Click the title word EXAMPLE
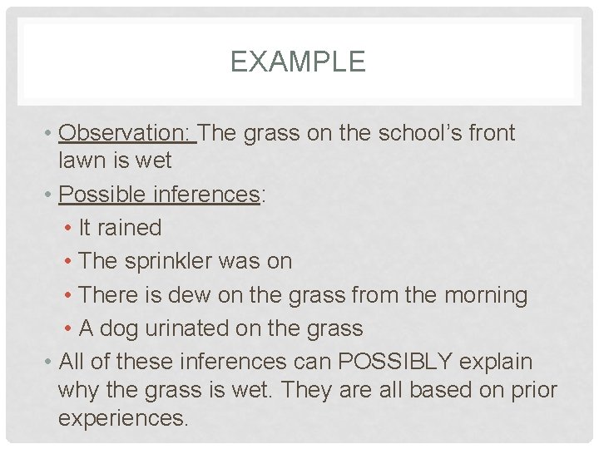[298, 62]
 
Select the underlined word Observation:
[127, 133]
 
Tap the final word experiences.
[123, 417]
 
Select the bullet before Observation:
[50, 133]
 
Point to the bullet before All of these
[50, 363]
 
